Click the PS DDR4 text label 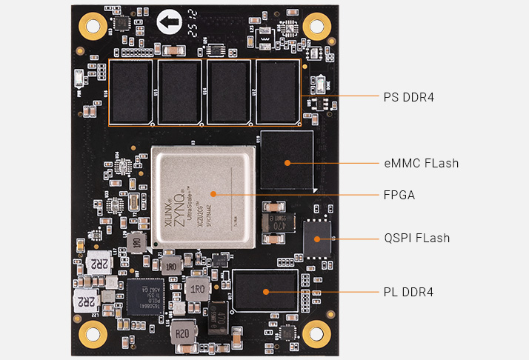coord(408,97)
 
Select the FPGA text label coord(399,196)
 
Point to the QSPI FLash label coord(416,239)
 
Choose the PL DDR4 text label coord(408,293)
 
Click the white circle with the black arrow coord(169,23)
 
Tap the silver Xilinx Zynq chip coord(204,198)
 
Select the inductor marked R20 coord(182,333)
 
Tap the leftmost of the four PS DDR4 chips coord(131,92)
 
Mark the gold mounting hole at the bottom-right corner coord(316,333)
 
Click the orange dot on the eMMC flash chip coord(287,163)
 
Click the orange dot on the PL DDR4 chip coord(264,293)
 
